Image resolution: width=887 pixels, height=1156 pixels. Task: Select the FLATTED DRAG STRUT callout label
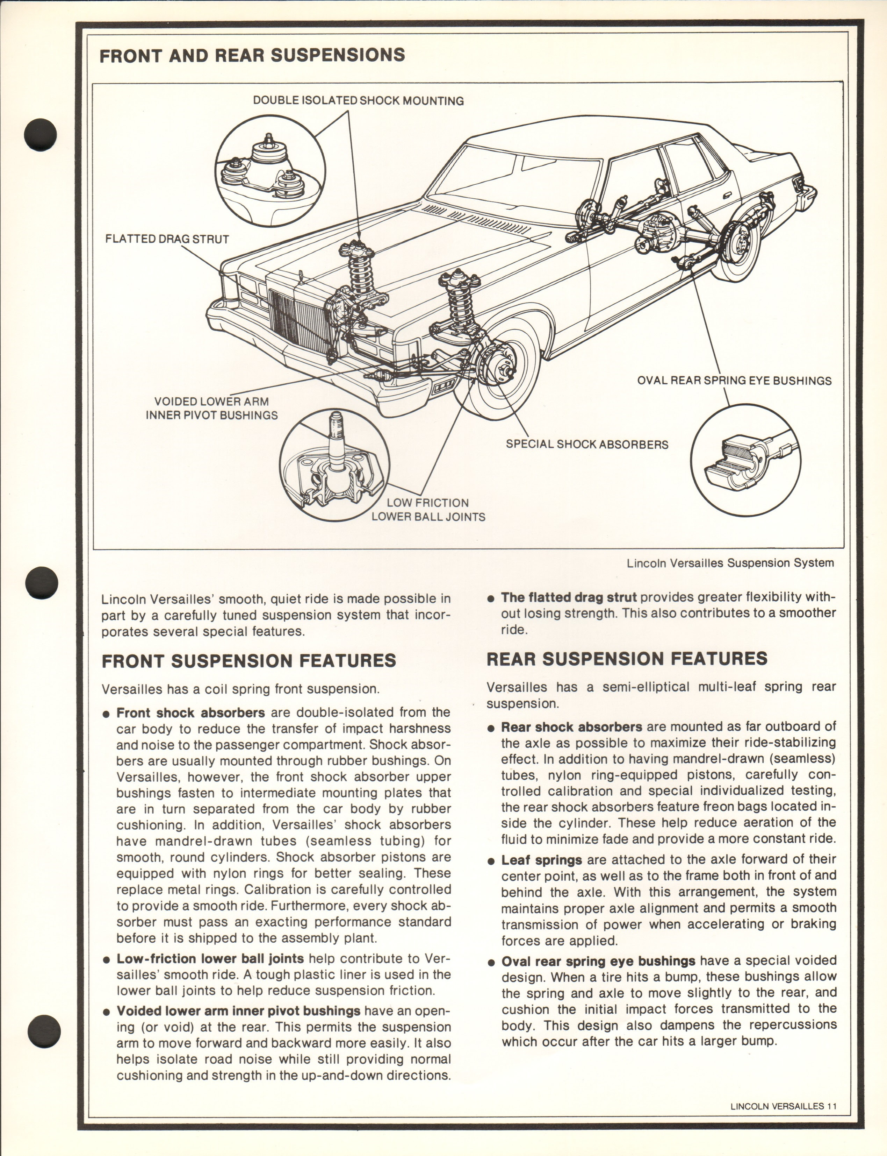pos(167,239)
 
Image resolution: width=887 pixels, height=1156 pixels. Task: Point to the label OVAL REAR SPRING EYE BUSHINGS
pos(734,381)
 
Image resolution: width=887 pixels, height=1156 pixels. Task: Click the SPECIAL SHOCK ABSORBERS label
pos(586,444)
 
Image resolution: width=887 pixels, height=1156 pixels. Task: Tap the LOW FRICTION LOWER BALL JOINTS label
pos(428,510)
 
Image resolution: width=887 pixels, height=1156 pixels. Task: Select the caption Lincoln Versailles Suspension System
pos(730,563)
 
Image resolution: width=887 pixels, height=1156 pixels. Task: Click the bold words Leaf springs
pos(541,860)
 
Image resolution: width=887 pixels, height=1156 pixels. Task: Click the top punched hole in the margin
pos(40,135)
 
